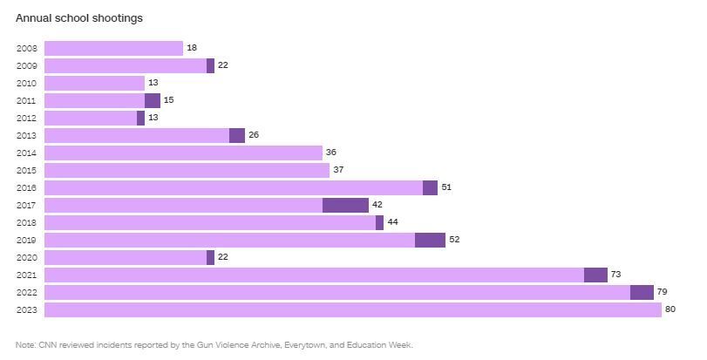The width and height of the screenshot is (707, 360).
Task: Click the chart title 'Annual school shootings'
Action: (79, 17)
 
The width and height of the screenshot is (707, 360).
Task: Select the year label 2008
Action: (26, 48)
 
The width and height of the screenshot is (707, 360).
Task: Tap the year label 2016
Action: (26, 187)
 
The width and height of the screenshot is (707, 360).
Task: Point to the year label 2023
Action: (26, 309)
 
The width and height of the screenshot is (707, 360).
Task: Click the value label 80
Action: (670, 309)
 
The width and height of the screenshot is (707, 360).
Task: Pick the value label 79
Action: (662, 292)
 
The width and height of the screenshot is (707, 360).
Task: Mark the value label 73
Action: (615, 275)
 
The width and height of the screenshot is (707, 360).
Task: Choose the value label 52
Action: (454, 240)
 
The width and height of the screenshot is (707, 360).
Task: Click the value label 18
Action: (191, 48)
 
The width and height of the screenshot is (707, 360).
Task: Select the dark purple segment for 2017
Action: (345, 205)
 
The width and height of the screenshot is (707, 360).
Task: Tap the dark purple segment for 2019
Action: (430, 240)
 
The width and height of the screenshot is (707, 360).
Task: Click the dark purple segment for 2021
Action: (595, 275)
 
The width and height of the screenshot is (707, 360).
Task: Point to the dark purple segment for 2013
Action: (237, 135)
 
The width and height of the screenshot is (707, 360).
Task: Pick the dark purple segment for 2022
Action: (642, 292)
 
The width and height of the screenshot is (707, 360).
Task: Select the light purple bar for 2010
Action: (94, 83)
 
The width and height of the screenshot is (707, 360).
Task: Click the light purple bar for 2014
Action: (183, 153)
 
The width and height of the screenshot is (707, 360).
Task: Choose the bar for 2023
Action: (352, 309)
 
